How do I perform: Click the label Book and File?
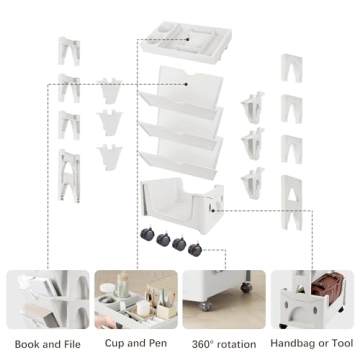pyautogui.click(x=47, y=344)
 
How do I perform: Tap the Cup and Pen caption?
pyautogui.click(x=136, y=344)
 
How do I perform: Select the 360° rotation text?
pyautogui.click(x=224, y=344)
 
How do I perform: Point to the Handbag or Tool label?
pyautogui.click(x=313, y=344)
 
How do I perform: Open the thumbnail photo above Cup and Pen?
pyautogui.click(x=136, y=298)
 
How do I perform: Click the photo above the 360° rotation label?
pyautogui.click(x=224, y=298)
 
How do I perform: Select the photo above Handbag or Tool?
pyautogui.click(x=313, y=298)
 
